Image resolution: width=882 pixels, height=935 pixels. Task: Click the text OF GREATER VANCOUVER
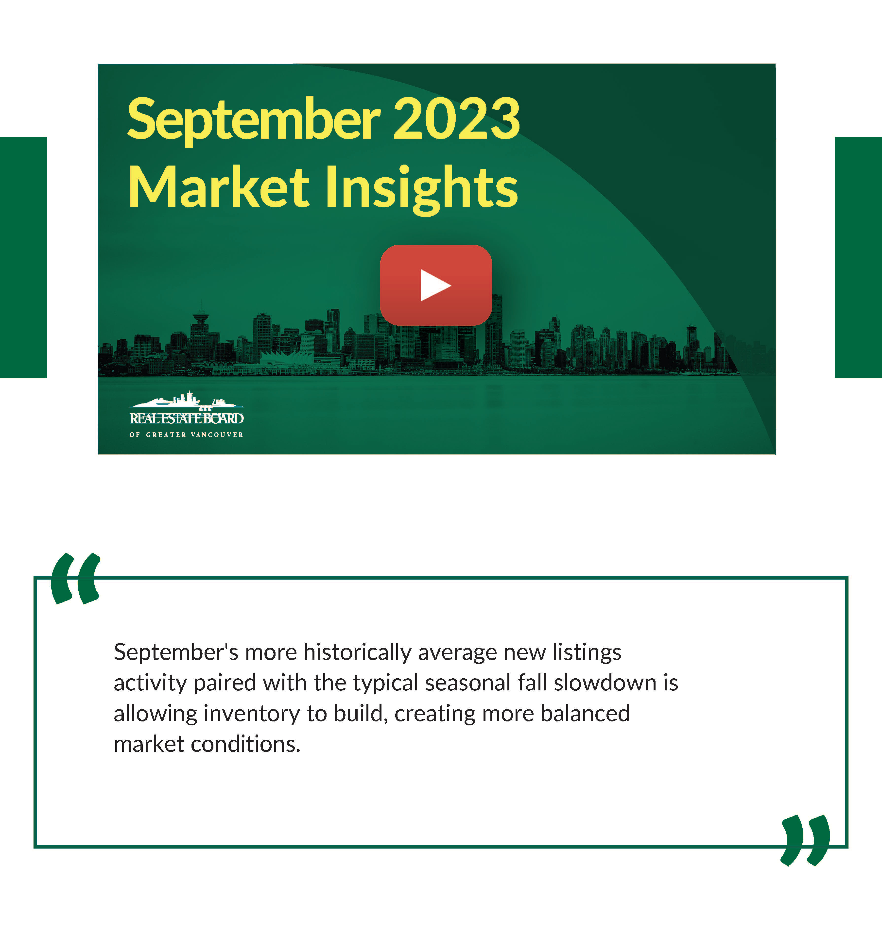point(186,434)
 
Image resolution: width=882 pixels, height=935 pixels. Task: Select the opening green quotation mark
point(76,579)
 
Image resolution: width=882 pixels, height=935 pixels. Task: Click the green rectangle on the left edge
point(23,257)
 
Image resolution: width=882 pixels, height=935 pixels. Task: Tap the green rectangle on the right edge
point(858,257)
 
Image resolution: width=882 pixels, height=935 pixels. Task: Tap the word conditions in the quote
point(246,744)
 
